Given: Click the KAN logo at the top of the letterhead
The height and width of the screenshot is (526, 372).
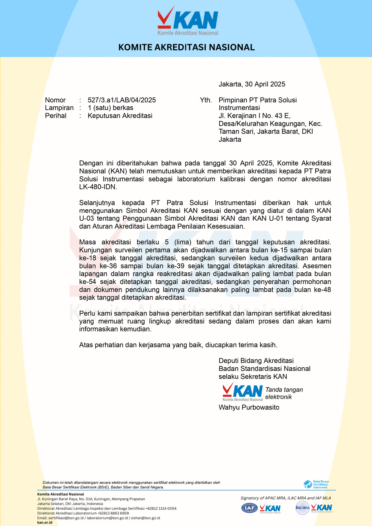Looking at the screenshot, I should tap(188, 21).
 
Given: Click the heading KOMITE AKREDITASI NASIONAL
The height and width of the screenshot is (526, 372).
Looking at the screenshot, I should tap(186, 47).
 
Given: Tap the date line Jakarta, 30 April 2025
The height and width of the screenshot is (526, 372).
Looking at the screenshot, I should tap(252, 84).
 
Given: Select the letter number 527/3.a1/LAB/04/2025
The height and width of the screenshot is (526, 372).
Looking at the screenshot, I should tap(121, 100).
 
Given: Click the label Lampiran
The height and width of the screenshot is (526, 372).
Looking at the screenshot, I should tap(59, 108).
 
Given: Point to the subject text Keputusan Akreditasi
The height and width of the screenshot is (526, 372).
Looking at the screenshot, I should tap(120, 116).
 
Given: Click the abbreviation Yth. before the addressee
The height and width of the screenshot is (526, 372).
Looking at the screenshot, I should tap(206, 100).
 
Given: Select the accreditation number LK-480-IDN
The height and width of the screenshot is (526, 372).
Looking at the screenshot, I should tap(97, 187).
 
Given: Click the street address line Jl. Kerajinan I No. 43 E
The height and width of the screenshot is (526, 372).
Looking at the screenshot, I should tap(254, 116).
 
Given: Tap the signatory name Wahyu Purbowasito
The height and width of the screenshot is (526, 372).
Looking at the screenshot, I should tap(249, 407).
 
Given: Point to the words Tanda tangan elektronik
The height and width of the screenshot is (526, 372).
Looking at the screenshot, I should tap(284, 393).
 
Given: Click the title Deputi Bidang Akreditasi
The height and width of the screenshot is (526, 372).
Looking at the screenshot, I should tap(256, 361).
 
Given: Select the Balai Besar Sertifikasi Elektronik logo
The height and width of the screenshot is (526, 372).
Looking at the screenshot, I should tap(316, 484).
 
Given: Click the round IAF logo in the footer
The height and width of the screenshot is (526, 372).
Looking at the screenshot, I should tap(249, 508).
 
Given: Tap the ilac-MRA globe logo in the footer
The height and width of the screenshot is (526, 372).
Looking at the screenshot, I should tap(302, 508).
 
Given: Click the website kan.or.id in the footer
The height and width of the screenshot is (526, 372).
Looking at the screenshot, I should tap(45, 523).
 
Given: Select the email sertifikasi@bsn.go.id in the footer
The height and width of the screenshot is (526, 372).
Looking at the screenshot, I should tap(66, 518).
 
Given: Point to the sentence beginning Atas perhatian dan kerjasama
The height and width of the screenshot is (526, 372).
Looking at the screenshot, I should tap(178, 345).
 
